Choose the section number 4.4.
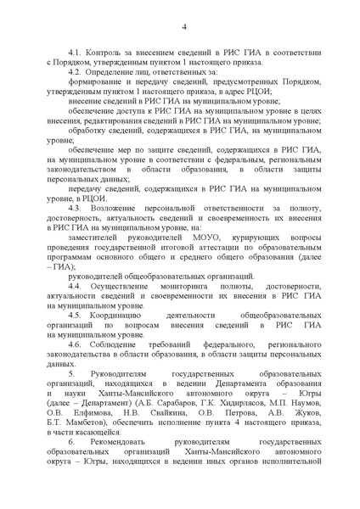78,288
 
